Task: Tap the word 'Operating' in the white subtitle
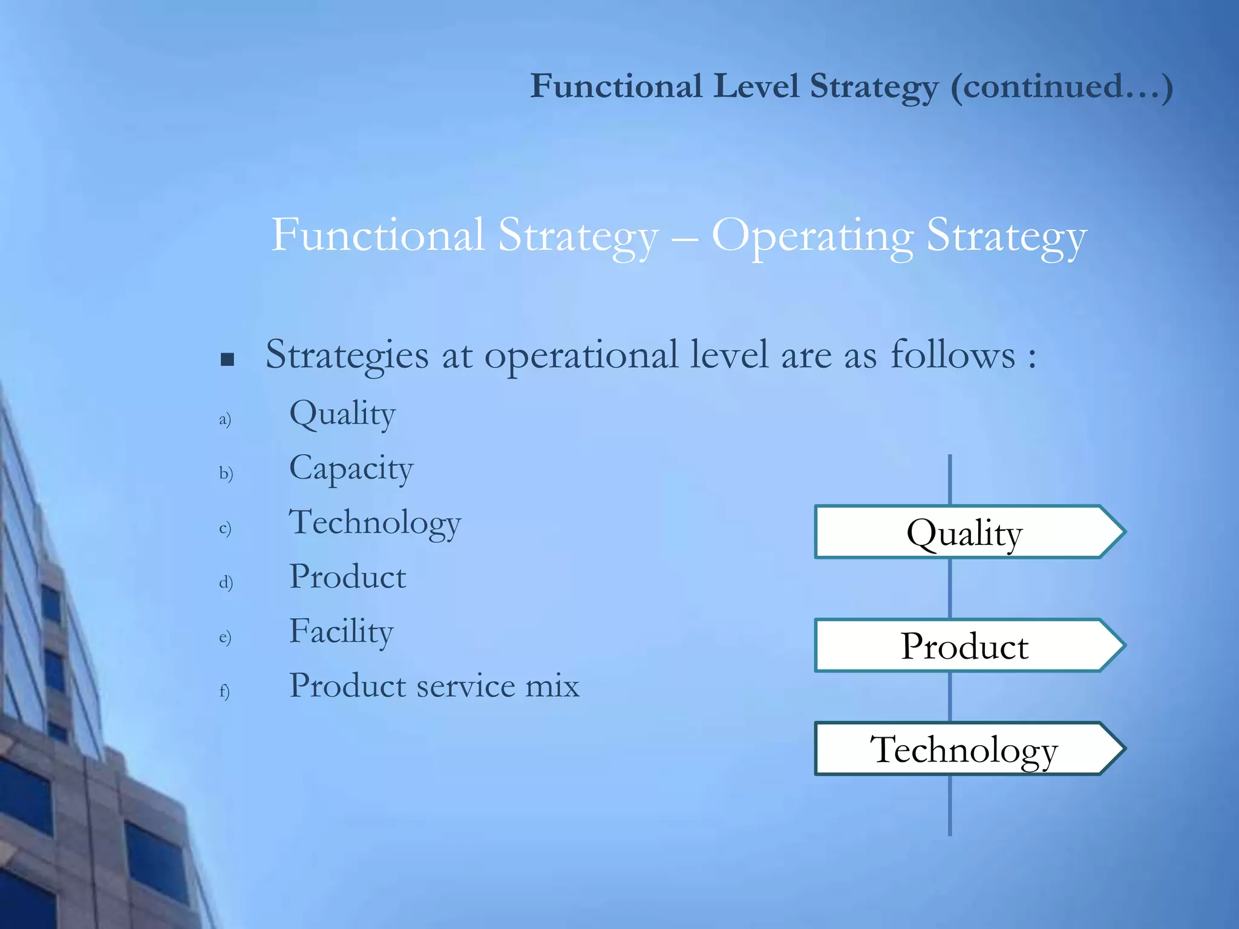coord(812,236)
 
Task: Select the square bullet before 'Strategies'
coord(227,360)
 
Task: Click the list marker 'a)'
coord(225,419)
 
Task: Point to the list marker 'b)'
coord(226,473)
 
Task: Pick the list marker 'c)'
coord(225,528)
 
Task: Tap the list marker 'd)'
coord(226,582)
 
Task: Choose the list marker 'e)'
coord(225,637)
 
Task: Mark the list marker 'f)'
coord(224,691)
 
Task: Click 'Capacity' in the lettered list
coord(351,469)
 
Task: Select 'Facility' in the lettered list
coord(341,632)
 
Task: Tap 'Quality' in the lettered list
coord(342,415)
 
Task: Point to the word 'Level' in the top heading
coord(756,86)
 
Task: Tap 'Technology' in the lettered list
coord(375,523)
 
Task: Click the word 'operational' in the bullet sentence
coord(581,356)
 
